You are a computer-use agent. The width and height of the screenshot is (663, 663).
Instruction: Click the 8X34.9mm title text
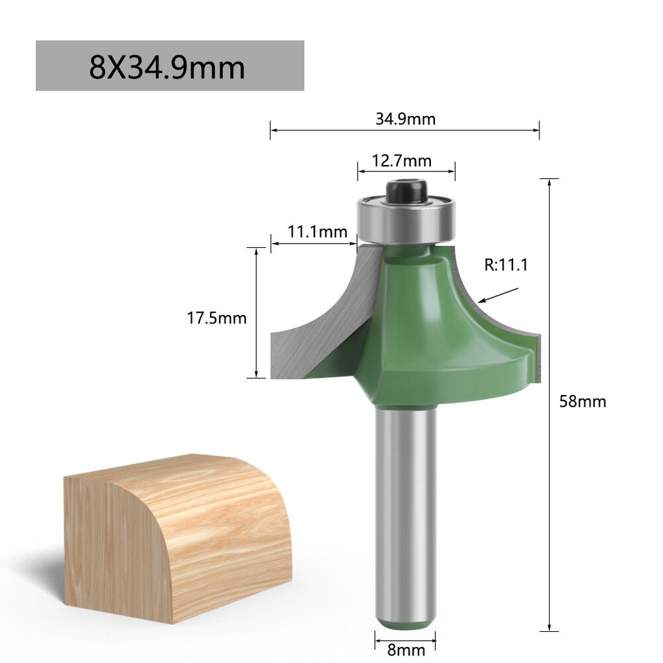click(x=167, y=68)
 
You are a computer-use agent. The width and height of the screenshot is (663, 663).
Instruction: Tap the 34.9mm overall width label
click(x=405, y=118)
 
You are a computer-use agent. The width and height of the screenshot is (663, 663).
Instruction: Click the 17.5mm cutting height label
click(x=216, y=318)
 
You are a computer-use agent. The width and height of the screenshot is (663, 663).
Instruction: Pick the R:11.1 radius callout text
click(x=506, y=264)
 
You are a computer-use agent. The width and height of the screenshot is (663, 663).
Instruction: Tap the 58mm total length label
click(x=582, y=401)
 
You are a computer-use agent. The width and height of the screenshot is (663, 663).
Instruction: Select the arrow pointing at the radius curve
click(x=499, y=296)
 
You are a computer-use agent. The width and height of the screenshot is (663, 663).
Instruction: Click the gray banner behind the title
click(x=276, y=66)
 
